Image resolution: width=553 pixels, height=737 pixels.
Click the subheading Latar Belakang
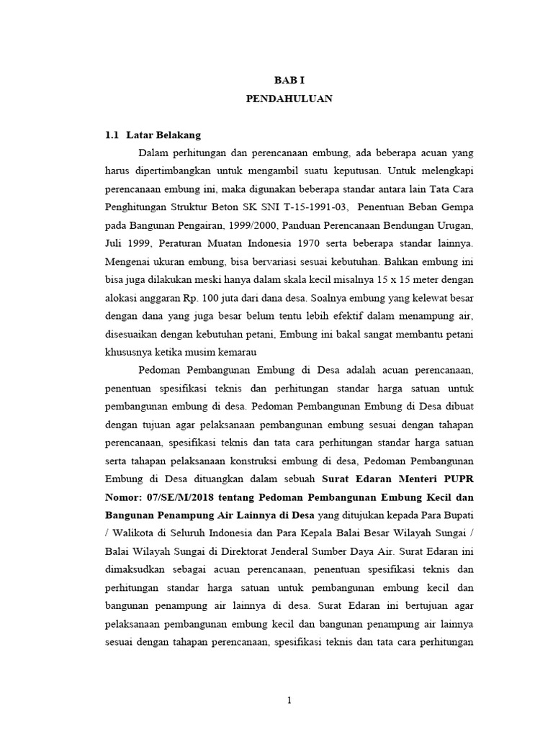click(x=163, y=135)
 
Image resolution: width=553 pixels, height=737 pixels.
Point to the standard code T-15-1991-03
click(x=304, y=208)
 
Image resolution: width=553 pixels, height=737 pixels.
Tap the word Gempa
click(x=457, y=208)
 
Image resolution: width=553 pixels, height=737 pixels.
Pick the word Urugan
click(x=452, y=226)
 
